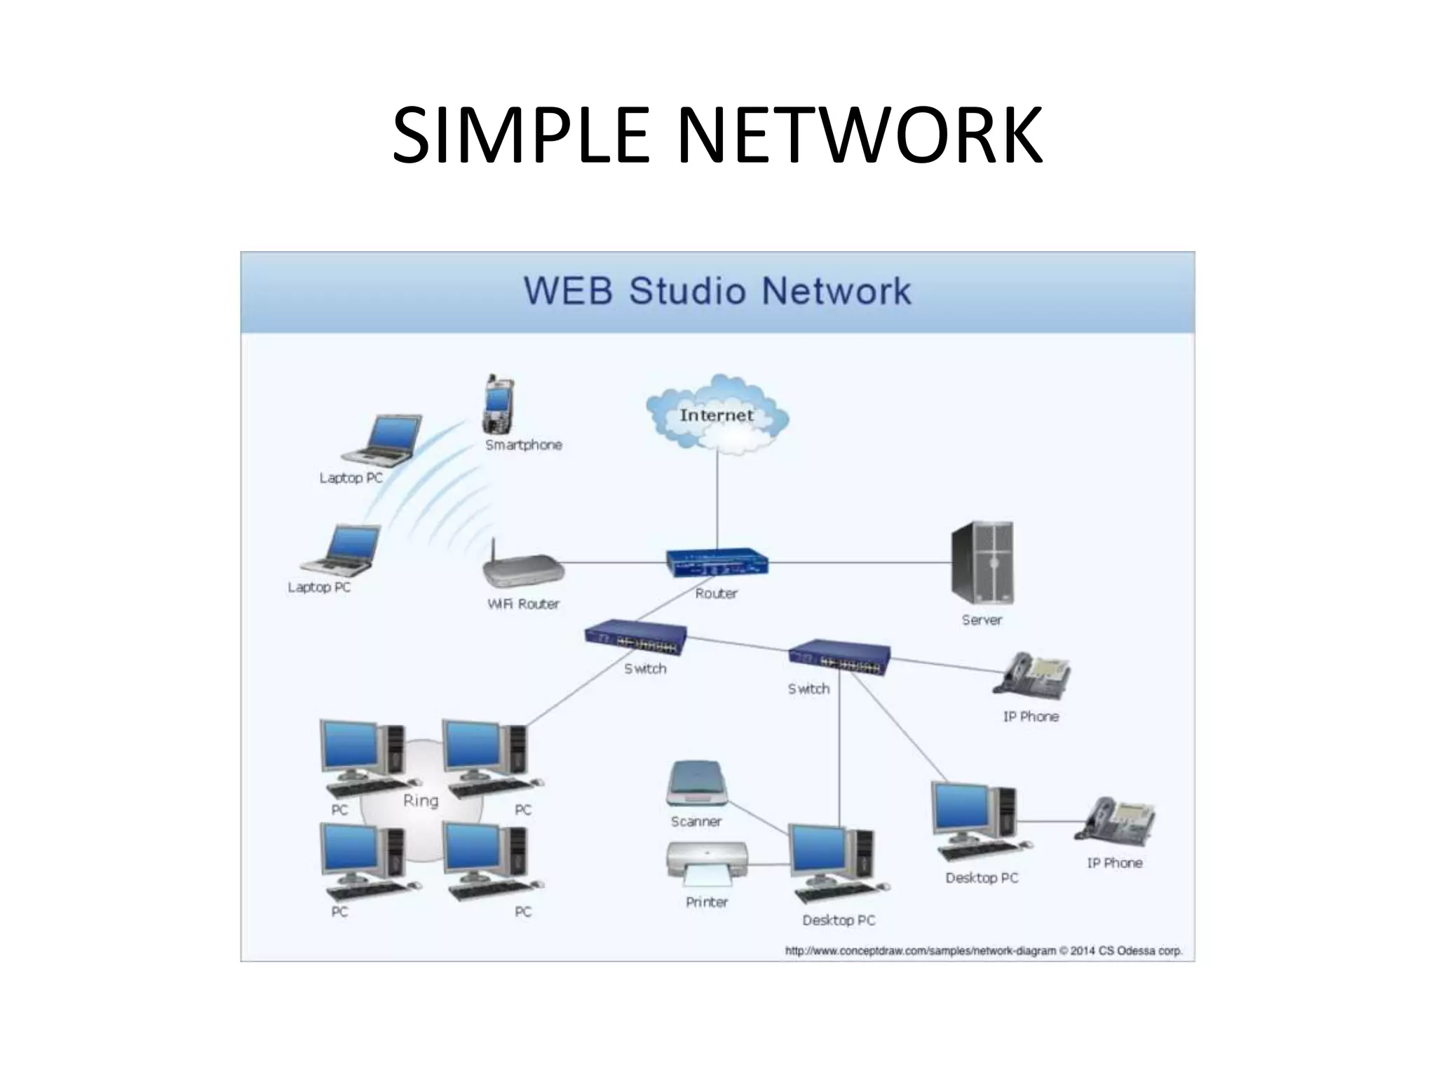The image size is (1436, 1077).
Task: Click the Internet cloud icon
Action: pos(717,415)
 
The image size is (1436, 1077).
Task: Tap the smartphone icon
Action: pos(498,406)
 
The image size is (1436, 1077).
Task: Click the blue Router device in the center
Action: pos(717,562)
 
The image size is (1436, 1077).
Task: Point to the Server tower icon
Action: pos(982,562)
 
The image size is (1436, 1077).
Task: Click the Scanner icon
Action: pos(696,783)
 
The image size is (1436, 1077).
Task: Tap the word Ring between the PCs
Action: pos(421,801)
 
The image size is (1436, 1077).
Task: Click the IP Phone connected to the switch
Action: pos(1031,675)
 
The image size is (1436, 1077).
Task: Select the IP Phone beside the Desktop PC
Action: pos(1115,819)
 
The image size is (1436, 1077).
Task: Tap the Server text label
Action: pos(982,620)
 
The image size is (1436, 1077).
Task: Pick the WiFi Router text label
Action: pos(523,604)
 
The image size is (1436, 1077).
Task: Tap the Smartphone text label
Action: pos(524,445)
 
